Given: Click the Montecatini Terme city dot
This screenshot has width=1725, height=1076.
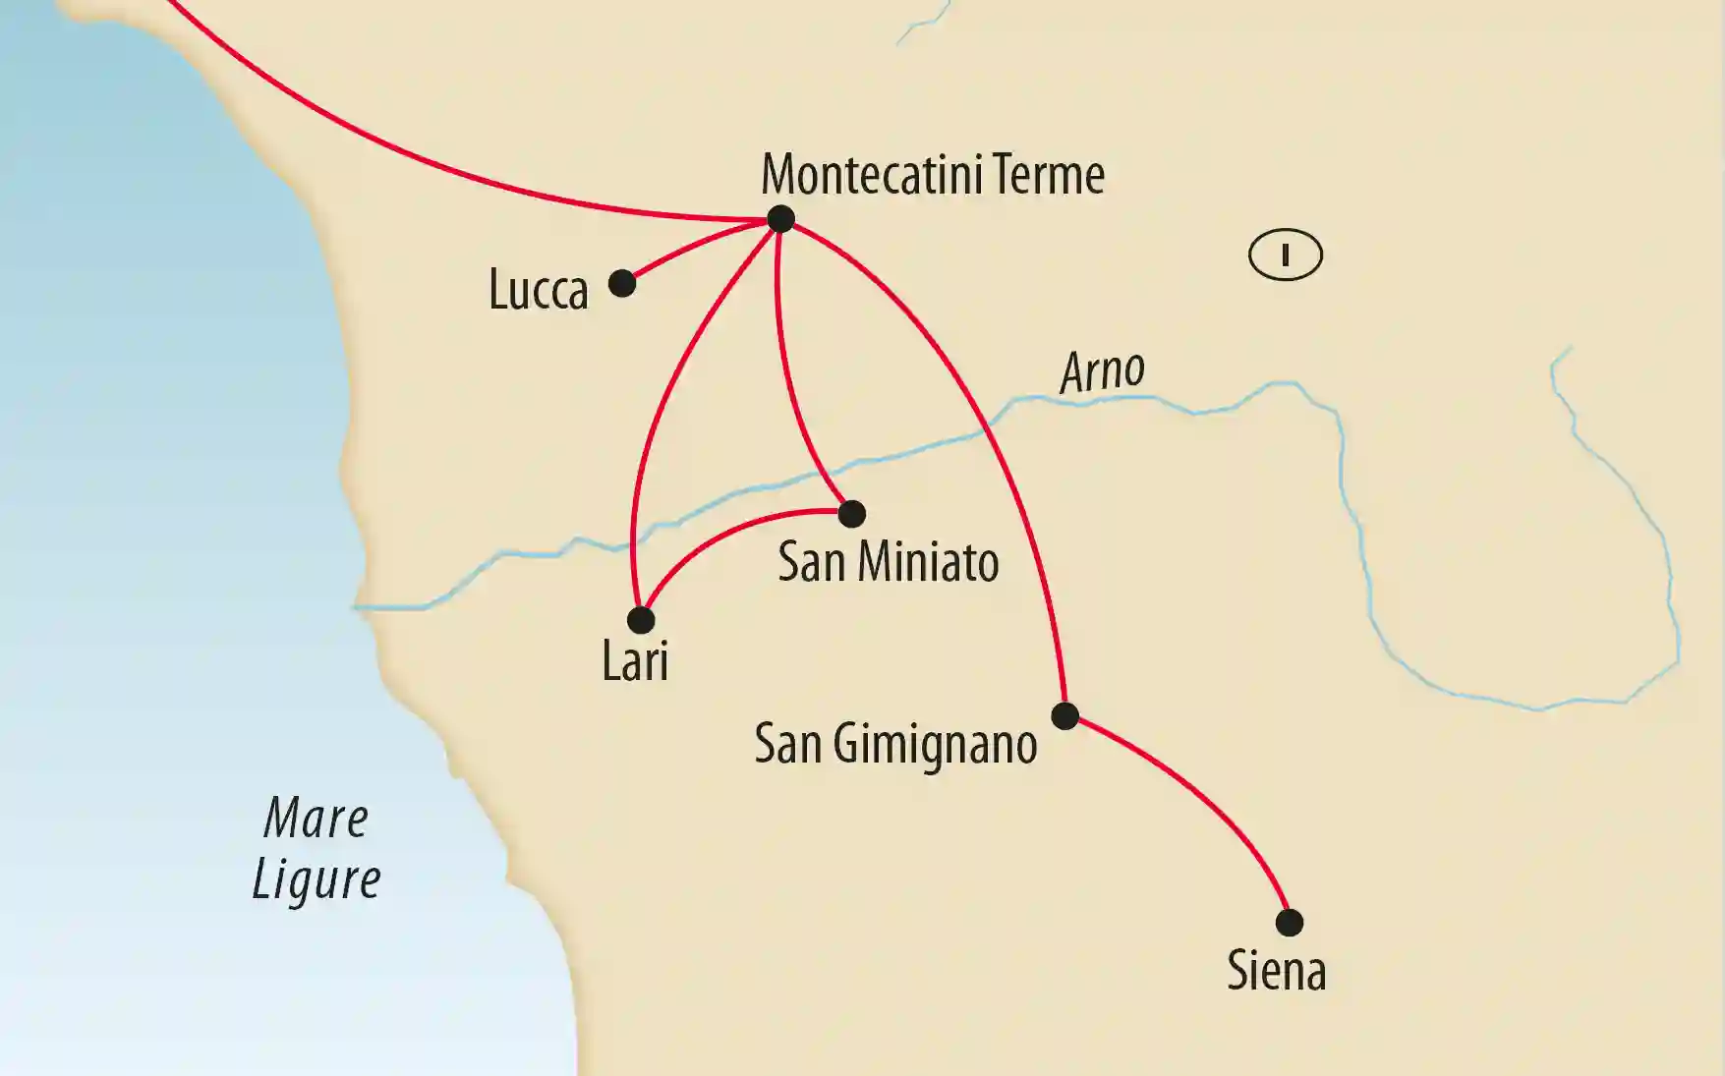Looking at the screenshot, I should (780, 218).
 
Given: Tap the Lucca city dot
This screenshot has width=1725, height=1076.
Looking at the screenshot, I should (622, 284).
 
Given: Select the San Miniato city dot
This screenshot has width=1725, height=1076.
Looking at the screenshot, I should (852, 513).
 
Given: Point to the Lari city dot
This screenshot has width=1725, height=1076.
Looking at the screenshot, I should (641, 620).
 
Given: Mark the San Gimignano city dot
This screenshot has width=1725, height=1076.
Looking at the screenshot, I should (1065, 715).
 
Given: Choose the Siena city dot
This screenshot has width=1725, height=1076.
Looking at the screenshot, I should (1290, 923).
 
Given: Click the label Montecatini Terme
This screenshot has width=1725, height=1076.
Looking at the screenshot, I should (933, 175).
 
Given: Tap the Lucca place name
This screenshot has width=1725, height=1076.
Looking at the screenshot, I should (539, 291).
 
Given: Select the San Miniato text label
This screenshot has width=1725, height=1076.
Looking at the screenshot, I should (888, 562).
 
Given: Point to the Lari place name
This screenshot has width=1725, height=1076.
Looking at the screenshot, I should (635, 661).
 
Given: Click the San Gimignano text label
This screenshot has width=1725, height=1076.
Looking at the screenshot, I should (895, 745).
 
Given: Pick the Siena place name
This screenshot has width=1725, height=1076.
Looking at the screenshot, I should (1276, 971).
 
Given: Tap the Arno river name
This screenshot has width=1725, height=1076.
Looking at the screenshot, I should (1102, 371).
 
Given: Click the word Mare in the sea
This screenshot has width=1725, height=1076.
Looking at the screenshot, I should (316, 819).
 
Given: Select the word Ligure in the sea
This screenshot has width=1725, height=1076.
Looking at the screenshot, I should (316, 879).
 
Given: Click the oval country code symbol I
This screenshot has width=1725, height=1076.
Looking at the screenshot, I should (1285, 255).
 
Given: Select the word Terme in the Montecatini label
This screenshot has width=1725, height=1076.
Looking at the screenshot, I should (1048, 175).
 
